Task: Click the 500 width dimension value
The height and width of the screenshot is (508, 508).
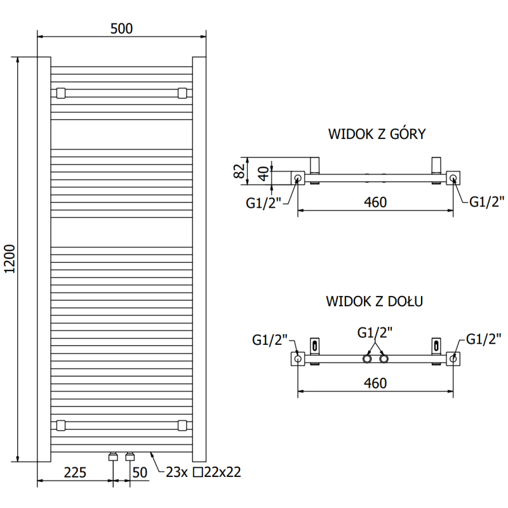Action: tap(121, 29)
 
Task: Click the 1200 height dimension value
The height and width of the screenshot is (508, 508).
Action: tap(9, 259)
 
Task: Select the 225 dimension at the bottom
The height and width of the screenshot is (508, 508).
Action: tap(75, 472)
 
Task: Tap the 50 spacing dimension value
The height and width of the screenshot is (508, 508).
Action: tap(140, 472)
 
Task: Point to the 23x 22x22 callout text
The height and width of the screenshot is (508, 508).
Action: tap(203, 472)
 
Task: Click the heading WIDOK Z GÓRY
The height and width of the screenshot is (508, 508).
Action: tap(376, 134)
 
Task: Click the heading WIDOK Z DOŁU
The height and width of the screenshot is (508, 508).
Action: tap(375, 300)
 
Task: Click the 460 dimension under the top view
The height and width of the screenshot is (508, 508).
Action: tap(375, 202)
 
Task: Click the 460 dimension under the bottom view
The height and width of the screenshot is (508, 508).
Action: tap(375, 383)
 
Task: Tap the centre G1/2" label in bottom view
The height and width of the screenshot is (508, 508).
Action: tap(375, 332)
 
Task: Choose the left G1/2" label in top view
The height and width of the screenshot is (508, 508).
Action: tap(264, 203)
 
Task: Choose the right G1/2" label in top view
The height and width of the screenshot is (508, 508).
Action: tap(487, 202)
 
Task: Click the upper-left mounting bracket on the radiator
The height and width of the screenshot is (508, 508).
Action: tap(60, 93)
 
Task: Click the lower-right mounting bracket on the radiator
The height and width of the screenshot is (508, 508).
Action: tap(182, 425)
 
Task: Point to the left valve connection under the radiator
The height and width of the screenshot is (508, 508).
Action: tap(113, 457)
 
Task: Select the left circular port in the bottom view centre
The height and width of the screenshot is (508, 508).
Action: tap(368, 359)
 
